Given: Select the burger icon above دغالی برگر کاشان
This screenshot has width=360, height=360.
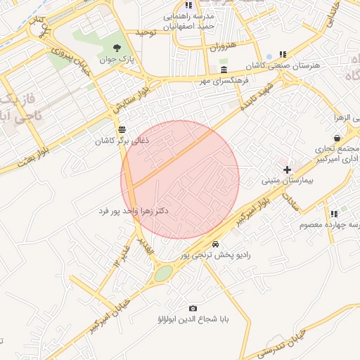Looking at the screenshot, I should (123, 129).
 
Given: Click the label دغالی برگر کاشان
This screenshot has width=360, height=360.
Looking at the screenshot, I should (123, 141).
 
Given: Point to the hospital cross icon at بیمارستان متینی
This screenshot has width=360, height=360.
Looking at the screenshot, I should (287, 169).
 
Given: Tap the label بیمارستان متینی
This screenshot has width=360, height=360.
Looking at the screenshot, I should (281, 181).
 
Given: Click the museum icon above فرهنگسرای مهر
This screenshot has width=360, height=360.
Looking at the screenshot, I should (224, 71).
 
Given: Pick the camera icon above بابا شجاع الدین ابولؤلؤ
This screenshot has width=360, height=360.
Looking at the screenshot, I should (193, 308).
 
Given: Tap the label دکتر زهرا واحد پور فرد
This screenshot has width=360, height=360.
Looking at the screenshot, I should (134, 211).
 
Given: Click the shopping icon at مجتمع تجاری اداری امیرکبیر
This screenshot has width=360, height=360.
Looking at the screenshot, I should (338, 138).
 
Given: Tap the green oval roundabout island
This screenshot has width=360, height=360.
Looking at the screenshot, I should (163, 274).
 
